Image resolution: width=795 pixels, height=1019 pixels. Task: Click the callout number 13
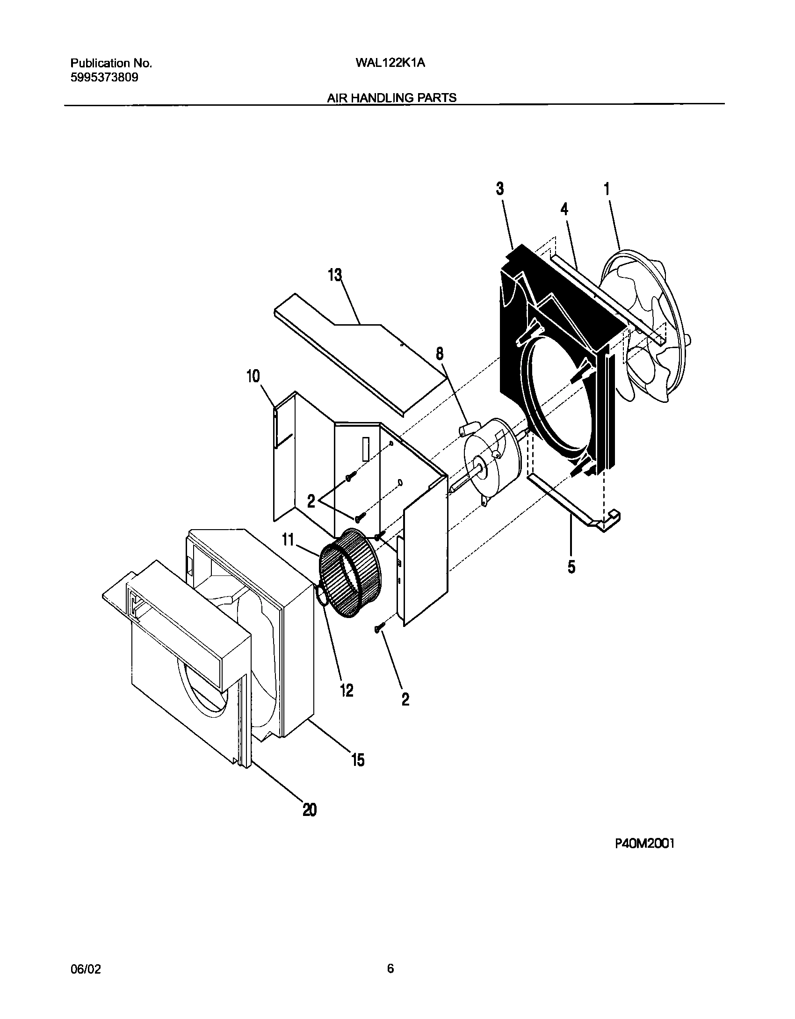(x=335, y=276)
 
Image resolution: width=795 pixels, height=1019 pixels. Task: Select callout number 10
(x=253, y=376)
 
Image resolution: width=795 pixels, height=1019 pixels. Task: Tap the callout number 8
(x=440, y=354)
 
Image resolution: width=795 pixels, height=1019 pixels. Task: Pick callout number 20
(x=310, y=809)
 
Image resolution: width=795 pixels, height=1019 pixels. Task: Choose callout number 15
(x=358, y=760)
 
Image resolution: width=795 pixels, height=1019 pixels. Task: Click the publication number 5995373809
(x=104, y=78)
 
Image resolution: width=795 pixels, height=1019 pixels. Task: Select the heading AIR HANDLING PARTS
(x=391, y=98)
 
